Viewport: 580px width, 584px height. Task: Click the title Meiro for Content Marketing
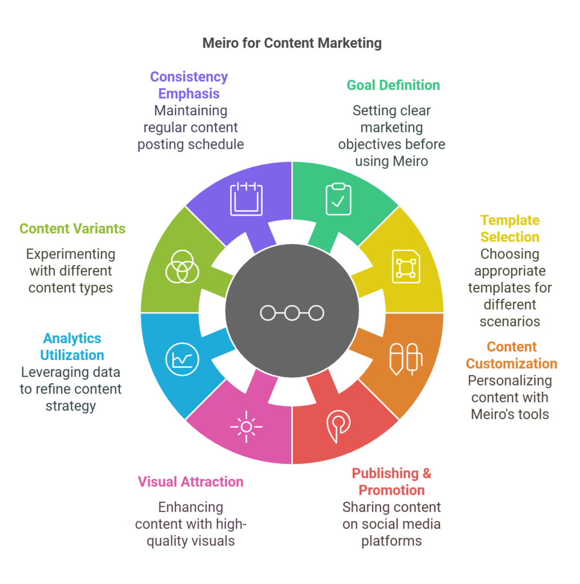[x=292, y=43]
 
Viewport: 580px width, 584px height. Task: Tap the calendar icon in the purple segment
[x=247, y=199]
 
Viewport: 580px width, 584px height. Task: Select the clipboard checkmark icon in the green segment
[x=339, y=199]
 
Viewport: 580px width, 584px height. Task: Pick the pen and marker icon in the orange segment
[x=405, y=359]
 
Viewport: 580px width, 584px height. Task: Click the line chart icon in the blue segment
[x=179, y=359]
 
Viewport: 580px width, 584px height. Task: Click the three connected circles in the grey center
[x=292, y=313]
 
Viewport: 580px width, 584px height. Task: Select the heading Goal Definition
[x=393, y=86]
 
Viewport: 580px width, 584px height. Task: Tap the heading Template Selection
[x=510, y=228]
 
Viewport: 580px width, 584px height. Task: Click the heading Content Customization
[x=511, y=355]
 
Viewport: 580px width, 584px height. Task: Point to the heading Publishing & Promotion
[x=392, y=481]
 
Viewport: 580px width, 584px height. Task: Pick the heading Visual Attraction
[x=191, y=481]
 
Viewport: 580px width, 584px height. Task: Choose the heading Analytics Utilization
[x=72, y=346]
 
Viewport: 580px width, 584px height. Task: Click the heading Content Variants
[x=72, y=229]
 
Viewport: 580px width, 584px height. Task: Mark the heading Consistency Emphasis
[x=189, y=85]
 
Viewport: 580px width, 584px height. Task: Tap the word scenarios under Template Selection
[x=510, y=321]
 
